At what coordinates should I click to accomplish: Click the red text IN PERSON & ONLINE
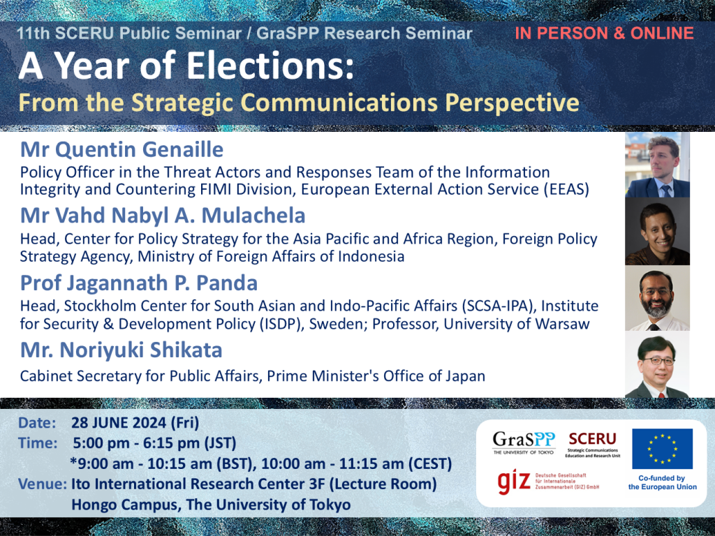[604, 33]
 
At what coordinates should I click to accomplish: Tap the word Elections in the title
[270, 66]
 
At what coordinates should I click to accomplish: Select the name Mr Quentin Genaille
[121, 149]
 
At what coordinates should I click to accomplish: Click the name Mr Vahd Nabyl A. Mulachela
[163, 216]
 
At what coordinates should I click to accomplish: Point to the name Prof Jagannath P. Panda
[139, 283]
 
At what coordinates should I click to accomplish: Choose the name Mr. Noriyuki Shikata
[121, 350]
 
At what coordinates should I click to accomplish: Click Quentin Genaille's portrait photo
[657, 165]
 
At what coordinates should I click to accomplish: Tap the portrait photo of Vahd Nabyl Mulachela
[657, 231]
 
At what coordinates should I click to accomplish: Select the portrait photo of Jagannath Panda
[657, 298]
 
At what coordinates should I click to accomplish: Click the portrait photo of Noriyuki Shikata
[657, 364]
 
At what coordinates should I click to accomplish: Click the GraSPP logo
[524, 442]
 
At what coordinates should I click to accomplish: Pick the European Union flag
[662, 449]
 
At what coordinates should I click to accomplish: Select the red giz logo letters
[514, 482]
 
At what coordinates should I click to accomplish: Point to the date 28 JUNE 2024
[119, 423]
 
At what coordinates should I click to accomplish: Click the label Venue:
[43, 484]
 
